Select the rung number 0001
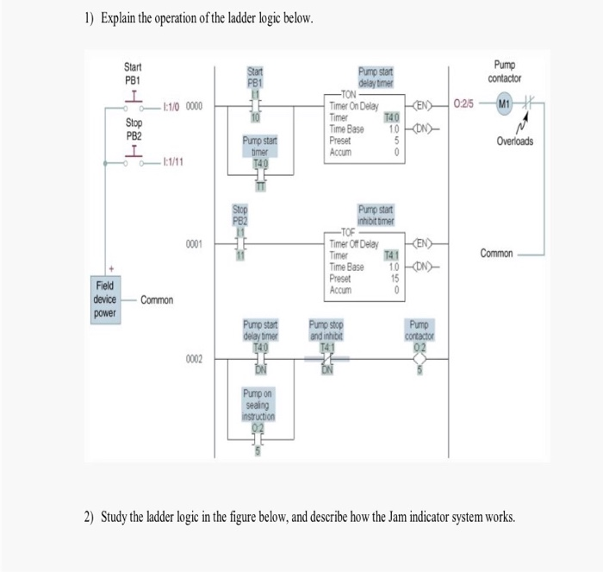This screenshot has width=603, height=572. pos(194,245)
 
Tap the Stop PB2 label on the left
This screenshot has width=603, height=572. pos(134,129)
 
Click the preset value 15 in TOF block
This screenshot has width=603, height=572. pos(395,279)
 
